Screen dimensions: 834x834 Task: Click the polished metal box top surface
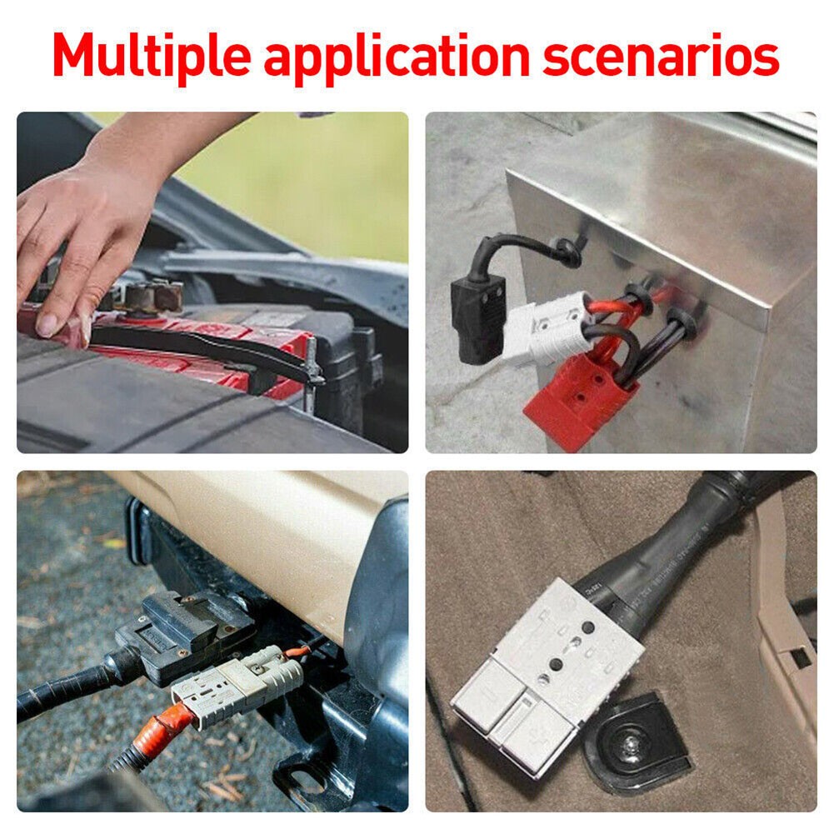pyautogui.click(x=667, y=183)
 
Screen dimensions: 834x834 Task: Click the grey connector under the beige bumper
pyautogui.click(x=237, y=679)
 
